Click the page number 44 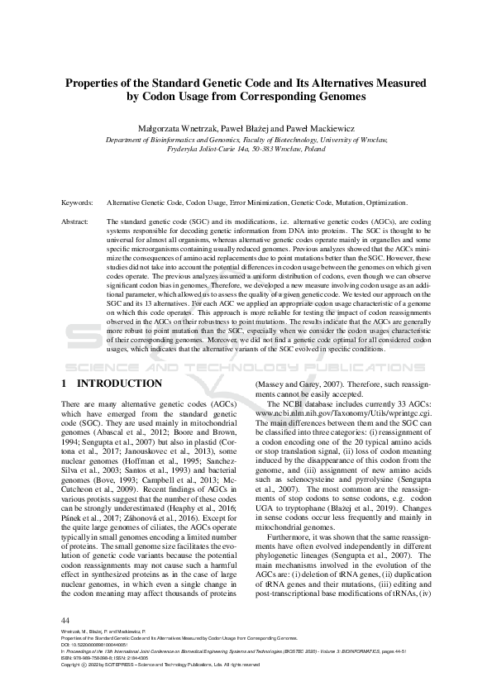[66, 620]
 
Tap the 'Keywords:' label [78, 203]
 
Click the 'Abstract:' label [77, 222]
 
